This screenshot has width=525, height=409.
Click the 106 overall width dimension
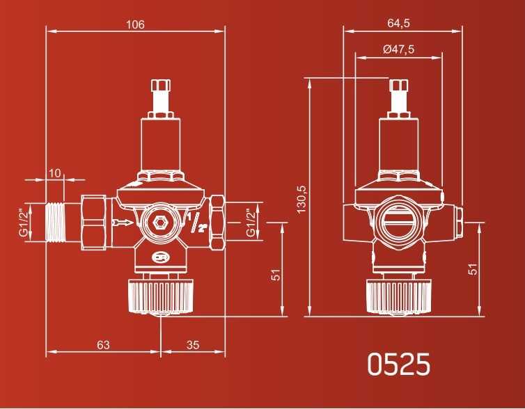click(135, 24)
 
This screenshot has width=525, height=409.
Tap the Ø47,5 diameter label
click(398, 49)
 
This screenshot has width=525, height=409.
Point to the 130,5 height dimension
click(301, 199)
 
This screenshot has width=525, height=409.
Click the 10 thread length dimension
click(55, 172)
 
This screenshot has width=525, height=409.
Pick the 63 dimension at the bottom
click(103, 344)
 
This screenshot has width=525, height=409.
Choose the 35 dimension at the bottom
click(194, 344)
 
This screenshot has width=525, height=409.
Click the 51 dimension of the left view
click(276, 275)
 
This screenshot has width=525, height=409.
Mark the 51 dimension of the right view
click(473, 268)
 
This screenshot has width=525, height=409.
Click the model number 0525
click(399, 364)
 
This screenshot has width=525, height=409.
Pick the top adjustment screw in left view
click(161, 97)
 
